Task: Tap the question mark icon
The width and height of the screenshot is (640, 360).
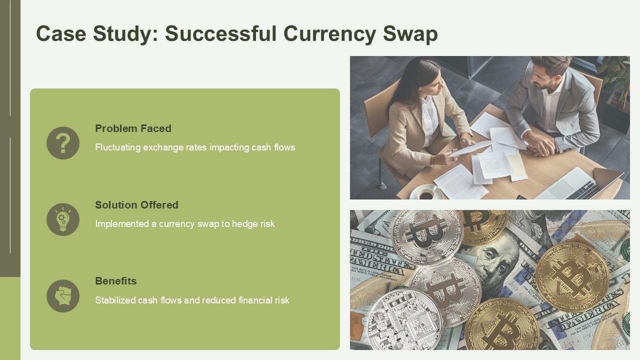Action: pos(63,143)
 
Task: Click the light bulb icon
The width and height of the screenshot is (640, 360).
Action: pos(63,219)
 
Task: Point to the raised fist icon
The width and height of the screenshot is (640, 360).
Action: pos(63,296)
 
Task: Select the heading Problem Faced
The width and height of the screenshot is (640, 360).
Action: pos(133,128)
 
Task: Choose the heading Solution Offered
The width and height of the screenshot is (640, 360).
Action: pos(136,205)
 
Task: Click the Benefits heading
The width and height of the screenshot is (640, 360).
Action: pos(115,281)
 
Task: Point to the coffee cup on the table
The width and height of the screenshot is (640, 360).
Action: pos(426,193)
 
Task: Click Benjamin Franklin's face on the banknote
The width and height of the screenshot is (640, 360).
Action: pos(495,255)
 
